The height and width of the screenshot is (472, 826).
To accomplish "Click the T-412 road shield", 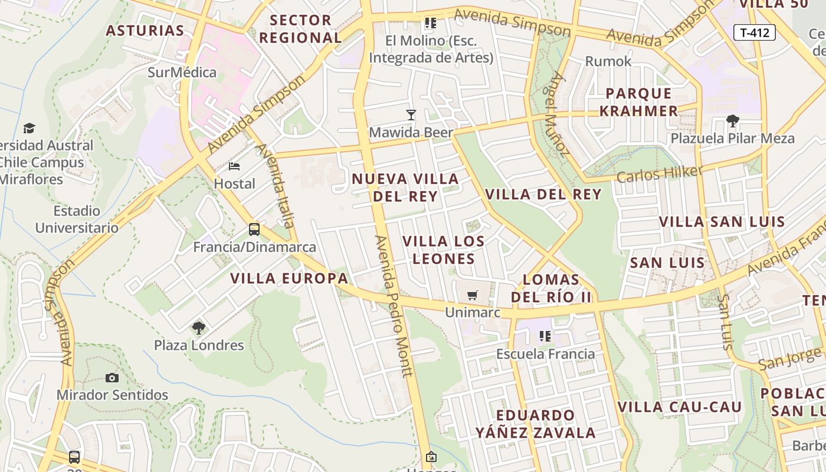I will pos(755,32).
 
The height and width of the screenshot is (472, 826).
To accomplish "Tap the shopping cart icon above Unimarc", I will pos(472,295).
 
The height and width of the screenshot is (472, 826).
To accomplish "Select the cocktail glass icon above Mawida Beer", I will pos(411,115).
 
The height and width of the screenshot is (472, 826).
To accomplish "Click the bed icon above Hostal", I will pos(234,166).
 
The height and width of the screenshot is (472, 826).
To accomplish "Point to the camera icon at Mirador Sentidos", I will pos(112,378).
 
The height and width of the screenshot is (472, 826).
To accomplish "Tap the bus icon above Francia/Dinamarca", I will pos(254,230).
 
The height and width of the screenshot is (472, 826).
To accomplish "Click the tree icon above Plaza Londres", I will pos(199,327).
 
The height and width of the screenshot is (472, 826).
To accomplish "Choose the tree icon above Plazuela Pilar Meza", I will pos(733,121).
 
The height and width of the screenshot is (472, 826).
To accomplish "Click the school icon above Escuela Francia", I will pos(545,336).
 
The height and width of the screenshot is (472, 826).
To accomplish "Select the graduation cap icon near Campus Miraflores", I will pos(29,128).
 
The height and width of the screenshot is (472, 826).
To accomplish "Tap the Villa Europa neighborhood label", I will pos(289,278).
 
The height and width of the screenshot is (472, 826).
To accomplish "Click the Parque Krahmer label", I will pos(642,102).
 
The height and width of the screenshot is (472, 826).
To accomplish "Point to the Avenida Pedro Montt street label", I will pos(394,306).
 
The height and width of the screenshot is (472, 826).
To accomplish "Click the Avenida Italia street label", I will pos(275,185).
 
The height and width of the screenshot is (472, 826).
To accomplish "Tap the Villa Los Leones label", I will pos(444,250).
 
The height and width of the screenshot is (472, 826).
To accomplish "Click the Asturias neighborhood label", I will pos(145,31).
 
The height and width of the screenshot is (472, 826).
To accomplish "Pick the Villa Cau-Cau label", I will pos(679,407).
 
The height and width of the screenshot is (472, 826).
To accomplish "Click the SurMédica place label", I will pos(182,73).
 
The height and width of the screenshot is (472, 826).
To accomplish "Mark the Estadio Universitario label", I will pos(77,219).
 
